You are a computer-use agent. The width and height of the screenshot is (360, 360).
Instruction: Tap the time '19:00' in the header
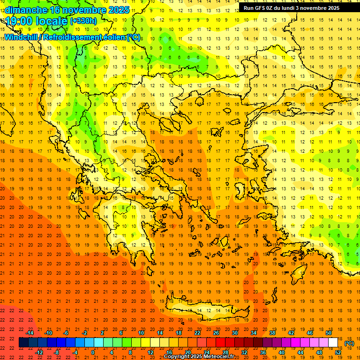(18, 21)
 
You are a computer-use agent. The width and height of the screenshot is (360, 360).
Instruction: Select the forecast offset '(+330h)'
(83, 21)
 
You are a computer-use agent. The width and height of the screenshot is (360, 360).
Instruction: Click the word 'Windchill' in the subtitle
(22, 37)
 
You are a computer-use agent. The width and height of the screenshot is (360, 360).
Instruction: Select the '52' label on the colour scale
(338, 352)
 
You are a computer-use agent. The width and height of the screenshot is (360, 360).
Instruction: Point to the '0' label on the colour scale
(93, 352)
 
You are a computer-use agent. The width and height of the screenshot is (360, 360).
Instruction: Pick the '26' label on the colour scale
(216, 333)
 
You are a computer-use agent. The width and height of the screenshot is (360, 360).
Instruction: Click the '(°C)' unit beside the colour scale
(349, 343)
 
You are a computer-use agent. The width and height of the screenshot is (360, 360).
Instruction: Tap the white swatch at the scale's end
(333, 343)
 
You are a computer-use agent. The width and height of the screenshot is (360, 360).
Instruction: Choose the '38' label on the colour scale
(272, 333)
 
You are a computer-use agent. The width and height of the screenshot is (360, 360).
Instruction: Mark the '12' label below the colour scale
(151, 352)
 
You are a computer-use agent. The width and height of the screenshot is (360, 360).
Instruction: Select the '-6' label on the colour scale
(66, 333)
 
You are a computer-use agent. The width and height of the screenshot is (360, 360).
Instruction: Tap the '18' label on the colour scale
(179, 333)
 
